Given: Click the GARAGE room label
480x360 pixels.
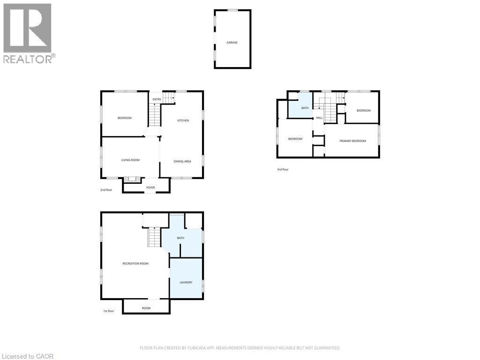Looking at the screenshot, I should tap(232, 43).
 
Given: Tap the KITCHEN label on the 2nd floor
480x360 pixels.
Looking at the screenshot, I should tap(183, 121).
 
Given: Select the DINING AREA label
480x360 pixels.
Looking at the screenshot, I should tap(182, 162).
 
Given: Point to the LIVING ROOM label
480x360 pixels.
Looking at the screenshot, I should tap(131, 160).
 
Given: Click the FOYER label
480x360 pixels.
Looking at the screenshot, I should tap(150, 187).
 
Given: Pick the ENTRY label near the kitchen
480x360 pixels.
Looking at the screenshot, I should tap(157, 99).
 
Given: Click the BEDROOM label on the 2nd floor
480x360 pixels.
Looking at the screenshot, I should tap(124, 118).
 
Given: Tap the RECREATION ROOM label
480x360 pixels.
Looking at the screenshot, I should tap(135, 263).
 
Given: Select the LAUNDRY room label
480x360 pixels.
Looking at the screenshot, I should tap(186, 282).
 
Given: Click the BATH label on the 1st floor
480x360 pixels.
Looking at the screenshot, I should tap(180, 238).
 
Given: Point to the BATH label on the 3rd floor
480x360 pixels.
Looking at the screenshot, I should tap(305, 108).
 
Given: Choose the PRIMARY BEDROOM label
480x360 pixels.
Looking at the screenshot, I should tap(352, 141).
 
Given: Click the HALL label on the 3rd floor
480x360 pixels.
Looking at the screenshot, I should tap(319, 118).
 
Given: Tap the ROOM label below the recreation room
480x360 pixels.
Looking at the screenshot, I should tap(146, 308).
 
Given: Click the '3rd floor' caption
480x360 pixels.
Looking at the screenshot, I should tap(283, 169).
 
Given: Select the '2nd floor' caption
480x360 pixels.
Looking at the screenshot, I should tap(106, 190).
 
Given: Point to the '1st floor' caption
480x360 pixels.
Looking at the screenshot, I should tap(108, 311).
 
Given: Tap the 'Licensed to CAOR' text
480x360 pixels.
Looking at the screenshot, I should tap(27, 356).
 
